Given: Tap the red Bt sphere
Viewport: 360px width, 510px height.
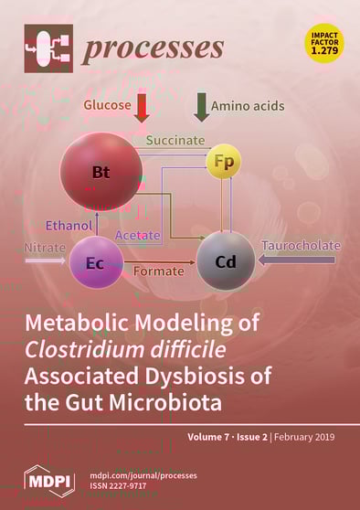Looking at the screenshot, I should coord(101,171).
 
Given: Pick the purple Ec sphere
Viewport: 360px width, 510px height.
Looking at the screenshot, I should coord(96,263).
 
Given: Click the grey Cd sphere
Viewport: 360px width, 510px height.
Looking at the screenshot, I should coord(226,261).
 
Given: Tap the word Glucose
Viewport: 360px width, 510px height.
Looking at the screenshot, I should coord(106,105).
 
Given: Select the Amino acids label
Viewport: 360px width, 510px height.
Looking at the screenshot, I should coord(248,106).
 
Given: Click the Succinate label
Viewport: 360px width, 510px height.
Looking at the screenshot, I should coord(175,141).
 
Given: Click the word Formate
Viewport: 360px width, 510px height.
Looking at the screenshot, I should coord(159,271).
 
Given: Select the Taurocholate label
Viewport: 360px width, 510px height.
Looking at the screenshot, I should coord(302,246).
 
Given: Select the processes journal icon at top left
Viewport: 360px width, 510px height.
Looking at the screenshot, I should coord(48,48).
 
